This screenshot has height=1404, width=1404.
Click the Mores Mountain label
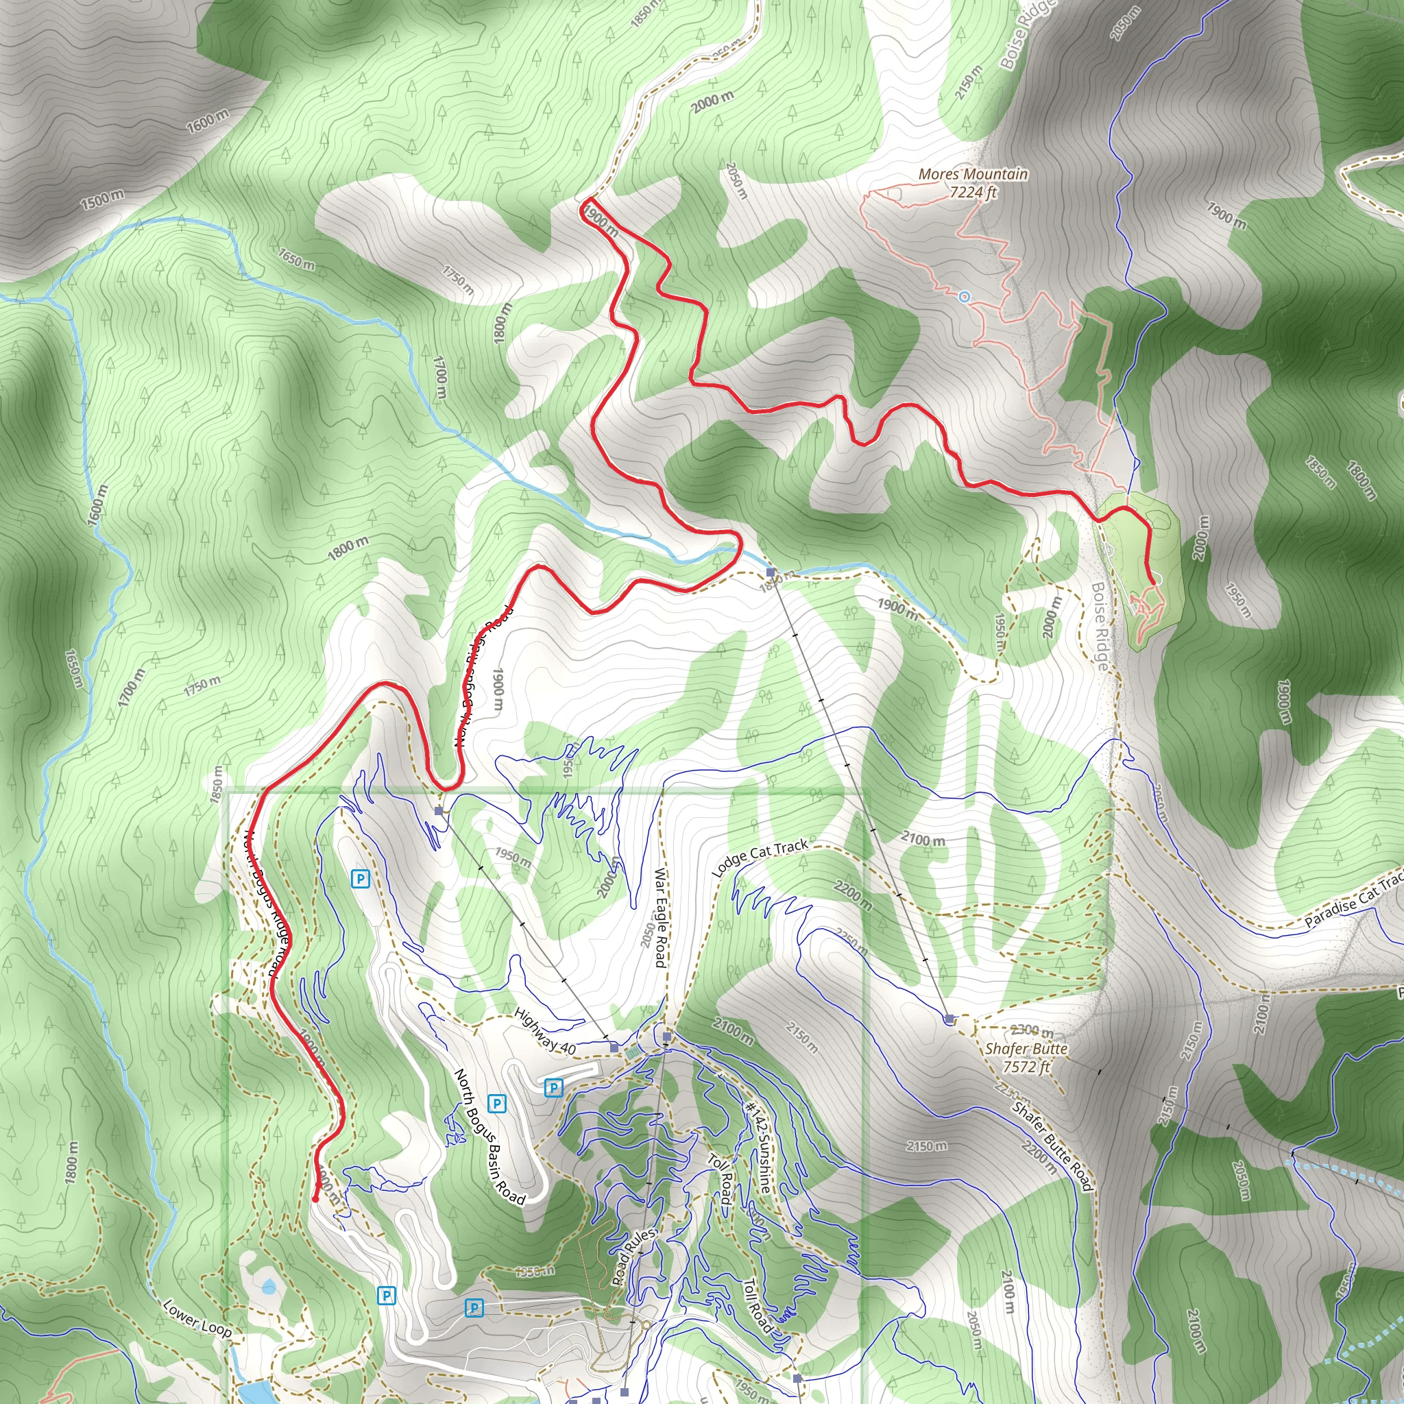(x=972, y=174)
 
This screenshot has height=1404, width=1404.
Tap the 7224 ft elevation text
(x=972, y=193)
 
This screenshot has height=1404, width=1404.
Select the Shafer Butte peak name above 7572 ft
(x=1026, y=1049)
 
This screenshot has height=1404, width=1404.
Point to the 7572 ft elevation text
(x=1026, y=1067)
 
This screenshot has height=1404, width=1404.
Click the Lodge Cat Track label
(x=760, y=858)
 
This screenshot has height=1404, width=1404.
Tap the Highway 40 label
(x=545, y=1031)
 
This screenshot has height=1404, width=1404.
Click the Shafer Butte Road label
(x=1053, y=1147)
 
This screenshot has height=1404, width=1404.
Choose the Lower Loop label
(x=197, y=1319)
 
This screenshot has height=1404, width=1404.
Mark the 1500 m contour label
(x=101, y=199)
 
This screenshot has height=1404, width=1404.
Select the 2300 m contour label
(x=1031, y=1030)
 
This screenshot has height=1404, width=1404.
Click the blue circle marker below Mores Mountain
(x=965, y=296)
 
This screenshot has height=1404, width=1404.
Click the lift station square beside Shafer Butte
(x=949, y=1019)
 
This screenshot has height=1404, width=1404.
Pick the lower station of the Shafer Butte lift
(x=771, y=572)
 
